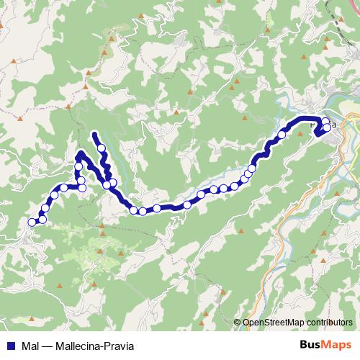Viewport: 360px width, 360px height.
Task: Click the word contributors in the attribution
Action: (332, 323)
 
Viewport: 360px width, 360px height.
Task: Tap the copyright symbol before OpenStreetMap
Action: (238, 323)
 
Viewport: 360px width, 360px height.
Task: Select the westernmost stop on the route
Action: (32, 222)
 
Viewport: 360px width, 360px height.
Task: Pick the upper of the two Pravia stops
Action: (325, 121)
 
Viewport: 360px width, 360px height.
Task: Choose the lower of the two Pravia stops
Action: (328, 128)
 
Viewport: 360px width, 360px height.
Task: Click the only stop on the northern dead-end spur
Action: (102, 149)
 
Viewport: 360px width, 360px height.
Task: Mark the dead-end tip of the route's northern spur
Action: (95, 134)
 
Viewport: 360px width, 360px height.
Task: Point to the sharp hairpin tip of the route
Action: (80, 153)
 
